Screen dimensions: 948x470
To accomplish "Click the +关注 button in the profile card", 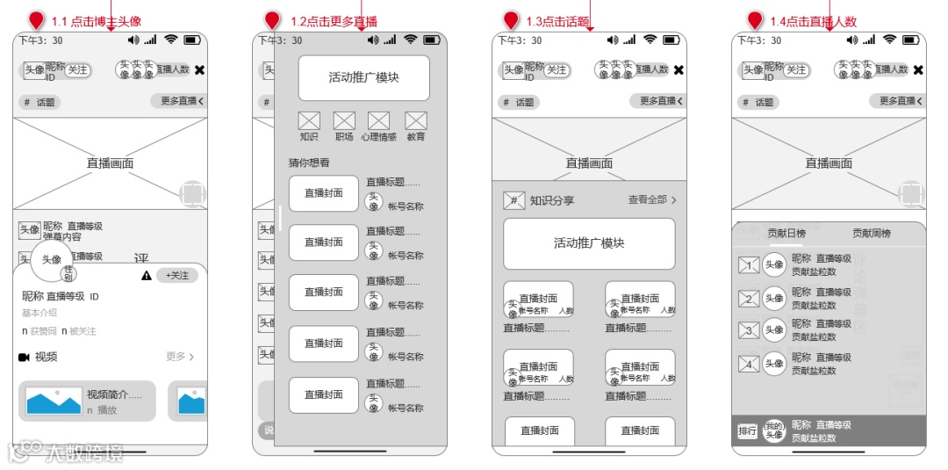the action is [x=177, y=276].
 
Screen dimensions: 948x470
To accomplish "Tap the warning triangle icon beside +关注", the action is [x=147, y=276].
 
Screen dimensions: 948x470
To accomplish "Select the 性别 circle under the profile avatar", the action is [x=69, y=274].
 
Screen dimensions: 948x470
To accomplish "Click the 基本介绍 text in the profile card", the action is [x=39, y=313].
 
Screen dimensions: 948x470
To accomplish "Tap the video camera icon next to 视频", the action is [x=24, y=357].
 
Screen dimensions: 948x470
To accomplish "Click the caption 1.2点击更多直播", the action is [x=334, y=21].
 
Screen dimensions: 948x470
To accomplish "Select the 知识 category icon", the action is [x=309, y=121].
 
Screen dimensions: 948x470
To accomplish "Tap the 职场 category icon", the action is [x=344, y=121].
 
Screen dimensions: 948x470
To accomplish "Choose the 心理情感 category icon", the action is [x=378, y=121].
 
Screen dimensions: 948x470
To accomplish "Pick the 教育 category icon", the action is [x=416, y=121].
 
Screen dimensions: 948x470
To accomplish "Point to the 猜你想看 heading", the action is [x=309, y=163].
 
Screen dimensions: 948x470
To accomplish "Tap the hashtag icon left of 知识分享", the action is [x=513, y=200].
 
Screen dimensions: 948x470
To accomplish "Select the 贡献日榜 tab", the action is [x=786, y=234].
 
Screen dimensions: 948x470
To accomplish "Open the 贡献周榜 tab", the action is [x=872, y=234].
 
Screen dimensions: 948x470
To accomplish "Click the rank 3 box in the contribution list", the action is [x=749, y=331].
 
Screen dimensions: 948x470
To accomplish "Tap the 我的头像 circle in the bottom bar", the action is [x=773, y=430].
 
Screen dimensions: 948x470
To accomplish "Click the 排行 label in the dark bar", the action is [x=747, y=431].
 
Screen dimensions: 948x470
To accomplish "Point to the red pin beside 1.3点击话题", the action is [x=511, y=20].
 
